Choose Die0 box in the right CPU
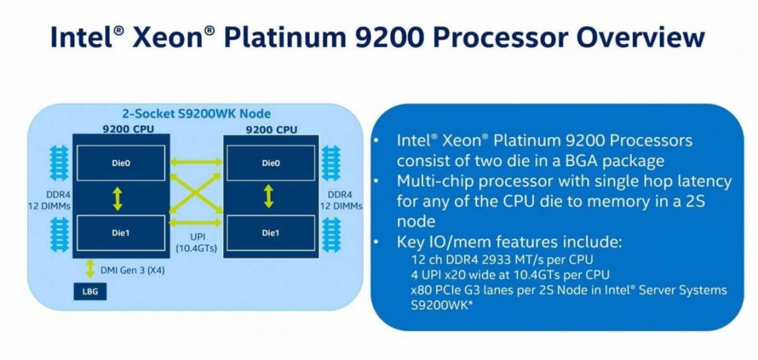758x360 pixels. click(270, 163)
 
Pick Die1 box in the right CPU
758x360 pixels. click(270, 232)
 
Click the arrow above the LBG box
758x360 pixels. click(90, 268)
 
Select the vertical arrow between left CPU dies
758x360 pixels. click(118, 197)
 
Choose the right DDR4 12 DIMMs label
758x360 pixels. click(340, 200)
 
